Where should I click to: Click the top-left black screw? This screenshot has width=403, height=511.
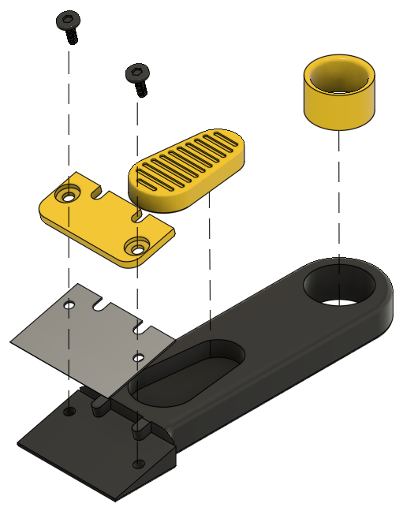pos(69,24)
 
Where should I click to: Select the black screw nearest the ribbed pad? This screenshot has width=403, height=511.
pos(138,77)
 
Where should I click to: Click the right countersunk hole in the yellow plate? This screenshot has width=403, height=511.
pos(138,247)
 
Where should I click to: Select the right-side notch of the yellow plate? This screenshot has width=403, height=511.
pos(139,214)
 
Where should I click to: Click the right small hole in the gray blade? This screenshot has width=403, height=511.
pos(138,358)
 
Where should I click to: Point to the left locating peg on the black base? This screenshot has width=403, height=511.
pos(99,403)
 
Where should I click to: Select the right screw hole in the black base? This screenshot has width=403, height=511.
pos(138,462)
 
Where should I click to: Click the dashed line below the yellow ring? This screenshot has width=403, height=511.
pos(339,197)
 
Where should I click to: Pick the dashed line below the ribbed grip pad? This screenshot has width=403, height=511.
pos(210,268)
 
